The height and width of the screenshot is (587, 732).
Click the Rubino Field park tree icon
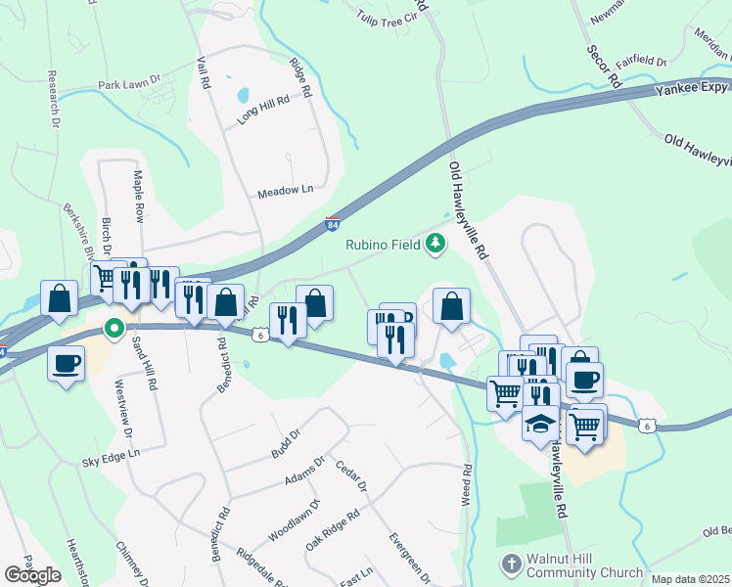point(435,245)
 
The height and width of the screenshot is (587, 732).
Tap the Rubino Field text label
point(382,245)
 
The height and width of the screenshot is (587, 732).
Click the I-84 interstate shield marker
point(333,224)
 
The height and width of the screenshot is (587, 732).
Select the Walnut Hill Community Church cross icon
point(510,564)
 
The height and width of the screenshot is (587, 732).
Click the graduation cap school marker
point(540,424)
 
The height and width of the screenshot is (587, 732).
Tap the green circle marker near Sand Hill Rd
point(114,329)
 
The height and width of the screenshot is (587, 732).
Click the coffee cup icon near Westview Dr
point(66,363)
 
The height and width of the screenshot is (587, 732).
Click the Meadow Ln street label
point(285,191)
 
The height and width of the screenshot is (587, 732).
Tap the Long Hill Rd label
point(263,110)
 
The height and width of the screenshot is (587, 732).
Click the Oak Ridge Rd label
point(333,527)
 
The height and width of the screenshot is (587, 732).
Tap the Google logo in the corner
point(32,575)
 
